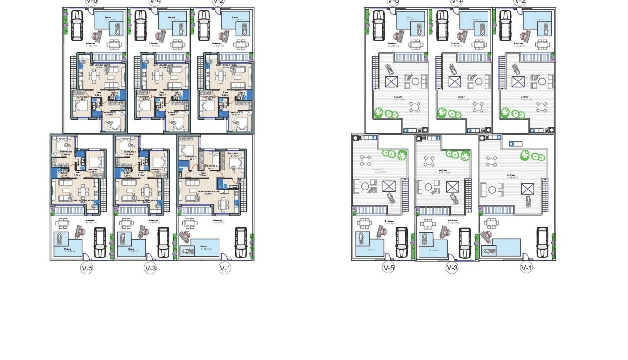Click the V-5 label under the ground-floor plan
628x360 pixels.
click(x=87, y=268)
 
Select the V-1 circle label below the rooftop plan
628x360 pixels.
click(x=526, y=268)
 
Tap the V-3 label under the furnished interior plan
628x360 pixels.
click(x=150, y=268)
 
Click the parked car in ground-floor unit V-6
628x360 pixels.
click(x=76, y=25)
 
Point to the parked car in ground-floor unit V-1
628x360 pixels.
click(x=240, y=241)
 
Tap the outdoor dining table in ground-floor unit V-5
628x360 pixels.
click(x=62, y=223)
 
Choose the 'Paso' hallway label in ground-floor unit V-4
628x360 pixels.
click(x=162, y=92)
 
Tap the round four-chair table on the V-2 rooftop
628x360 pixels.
click(x=542, y=107)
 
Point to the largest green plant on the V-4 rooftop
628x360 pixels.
click(x=442, y=113)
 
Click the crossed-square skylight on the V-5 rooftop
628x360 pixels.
click(x=389, y=186)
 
